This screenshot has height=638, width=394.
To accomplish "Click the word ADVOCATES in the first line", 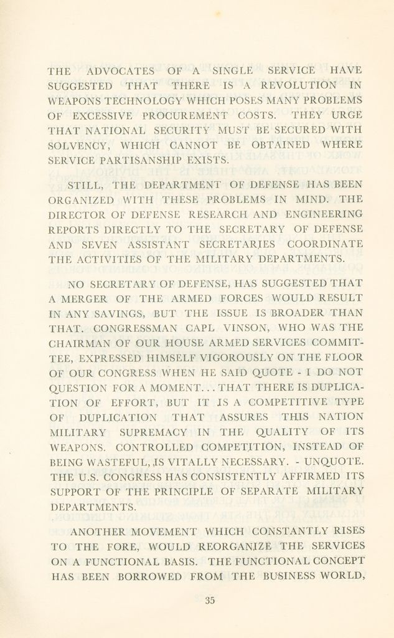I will [121, 71].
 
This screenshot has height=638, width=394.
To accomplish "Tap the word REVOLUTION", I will [298, 85].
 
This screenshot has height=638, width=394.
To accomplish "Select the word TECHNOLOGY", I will [129, 101].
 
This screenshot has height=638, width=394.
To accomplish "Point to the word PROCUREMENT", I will [182, 116].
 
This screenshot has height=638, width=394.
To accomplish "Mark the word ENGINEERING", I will [324, 214].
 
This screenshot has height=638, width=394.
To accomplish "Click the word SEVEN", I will [100, 244].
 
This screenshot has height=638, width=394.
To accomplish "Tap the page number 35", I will [209, 601].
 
